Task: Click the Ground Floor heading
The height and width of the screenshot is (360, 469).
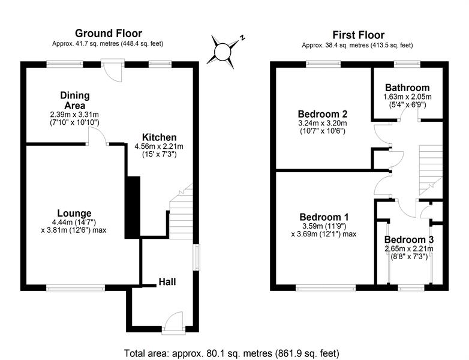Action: pyautogui.click(x=109, y=33)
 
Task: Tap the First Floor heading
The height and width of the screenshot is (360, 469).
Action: pyautogui.click(x=358, y=35)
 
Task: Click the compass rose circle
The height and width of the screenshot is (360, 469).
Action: pyautogui.click(x=223, y=52)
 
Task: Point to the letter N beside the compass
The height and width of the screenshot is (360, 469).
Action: pyautogui.click(x=242, y=38)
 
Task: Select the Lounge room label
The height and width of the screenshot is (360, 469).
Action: pyautogui.click(x=74, y=214)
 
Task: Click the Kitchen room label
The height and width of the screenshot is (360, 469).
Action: pyautogui.click(x=159, y=137)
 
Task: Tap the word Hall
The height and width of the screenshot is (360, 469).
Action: pyautogui.click(x=167, y=281)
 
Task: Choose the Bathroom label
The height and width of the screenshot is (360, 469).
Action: pyautogui.click(x=407, y=88)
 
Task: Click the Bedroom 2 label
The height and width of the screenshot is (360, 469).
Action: pyautogui.click(x=323, y=114)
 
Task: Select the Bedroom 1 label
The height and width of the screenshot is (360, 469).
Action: pyautogui.click(x=324, y=217)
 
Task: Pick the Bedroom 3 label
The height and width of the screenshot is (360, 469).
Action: pyautogui.click(x=409, y=240)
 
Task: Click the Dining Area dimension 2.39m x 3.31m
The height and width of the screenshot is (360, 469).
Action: pyautogui.click(x=74, y=115)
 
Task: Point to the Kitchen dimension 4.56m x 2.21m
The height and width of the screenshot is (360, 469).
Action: pyautogui.click(x=159, y=146)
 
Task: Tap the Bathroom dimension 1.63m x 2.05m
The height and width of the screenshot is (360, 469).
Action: pyautogui.click(x=407, y=97)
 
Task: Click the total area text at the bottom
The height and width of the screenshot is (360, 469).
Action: pyautogui.click(x=232, y=353)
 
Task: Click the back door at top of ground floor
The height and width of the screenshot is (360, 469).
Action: pyautogui.click(x=113, y=71)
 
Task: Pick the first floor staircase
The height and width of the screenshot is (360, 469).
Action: pyautogui.click(x=430, y=170)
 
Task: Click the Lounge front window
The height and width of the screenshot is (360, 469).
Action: pyautogui.click(x=76, y=288)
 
